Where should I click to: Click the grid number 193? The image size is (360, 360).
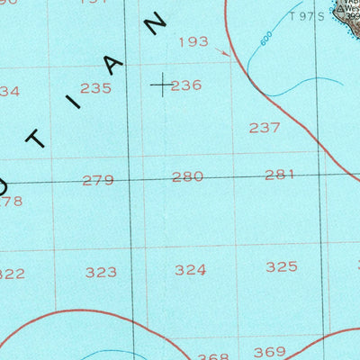click(x=193, y=41)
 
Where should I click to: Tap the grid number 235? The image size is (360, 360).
click(x=95, y=88)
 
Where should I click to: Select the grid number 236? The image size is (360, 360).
click(x=186, y=85)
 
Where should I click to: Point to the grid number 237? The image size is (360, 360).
click(x=265, y=128)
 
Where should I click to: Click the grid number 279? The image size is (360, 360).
click(x=97, y=180)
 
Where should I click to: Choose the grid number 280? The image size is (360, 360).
click(x=187, y=177)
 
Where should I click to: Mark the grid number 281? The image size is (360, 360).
click(x=280, y=175)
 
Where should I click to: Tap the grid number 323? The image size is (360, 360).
click(x=101, y=272)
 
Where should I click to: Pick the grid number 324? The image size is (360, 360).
click(x=190, y=269)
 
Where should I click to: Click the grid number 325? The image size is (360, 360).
click(x=282, y=266)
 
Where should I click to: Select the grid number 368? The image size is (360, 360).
click(x=213, y=356)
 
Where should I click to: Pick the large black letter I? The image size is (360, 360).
click(x=75, y=102)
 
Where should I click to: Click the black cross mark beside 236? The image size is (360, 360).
click(x=161, y=85)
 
